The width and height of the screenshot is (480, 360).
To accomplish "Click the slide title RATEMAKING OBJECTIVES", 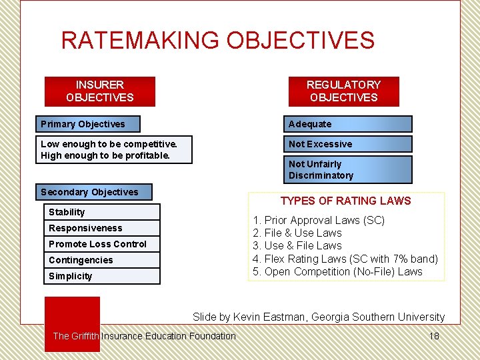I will [x=217, y=41].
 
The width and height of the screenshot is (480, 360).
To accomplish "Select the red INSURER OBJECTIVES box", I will [x=99, y=91].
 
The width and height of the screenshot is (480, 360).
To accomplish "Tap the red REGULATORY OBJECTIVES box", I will [x=343, y=91].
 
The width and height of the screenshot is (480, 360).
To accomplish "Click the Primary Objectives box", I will [x=89, y=124].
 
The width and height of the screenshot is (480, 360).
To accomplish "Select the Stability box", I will [x=102, y=212].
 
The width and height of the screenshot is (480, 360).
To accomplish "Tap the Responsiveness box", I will [x=102, y=228].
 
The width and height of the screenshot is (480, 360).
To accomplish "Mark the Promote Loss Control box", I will [x=102, y=244].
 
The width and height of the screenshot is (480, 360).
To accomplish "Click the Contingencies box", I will [x=102, y=260].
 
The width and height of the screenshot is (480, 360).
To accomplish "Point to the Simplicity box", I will [x=102, y=276].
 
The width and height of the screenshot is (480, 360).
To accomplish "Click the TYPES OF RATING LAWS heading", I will [x=345, y=201].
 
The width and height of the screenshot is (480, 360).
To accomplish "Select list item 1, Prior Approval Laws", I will [x=319, y=220].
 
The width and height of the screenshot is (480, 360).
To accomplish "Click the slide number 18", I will [x=434, y=336].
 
